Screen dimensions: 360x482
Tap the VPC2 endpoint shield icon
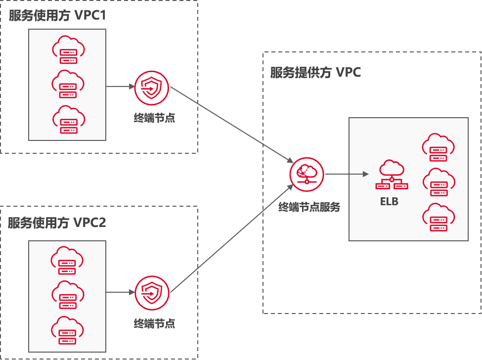[152, 293]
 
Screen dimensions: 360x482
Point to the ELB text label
[389, 202]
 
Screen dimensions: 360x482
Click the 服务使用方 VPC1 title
[57, 16]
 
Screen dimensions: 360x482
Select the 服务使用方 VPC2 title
[57, 223]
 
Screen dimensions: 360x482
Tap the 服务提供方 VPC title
[315, 73]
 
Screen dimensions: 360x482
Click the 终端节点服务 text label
[309, 208]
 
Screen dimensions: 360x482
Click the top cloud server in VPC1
[68, 50]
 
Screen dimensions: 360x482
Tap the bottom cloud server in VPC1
[68, 120]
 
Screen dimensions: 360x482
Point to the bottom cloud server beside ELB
[438, 218]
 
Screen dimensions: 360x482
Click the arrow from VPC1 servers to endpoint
[120, 86]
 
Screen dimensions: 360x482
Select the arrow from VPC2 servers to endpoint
[120, 292]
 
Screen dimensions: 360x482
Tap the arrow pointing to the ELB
[347, 174]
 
